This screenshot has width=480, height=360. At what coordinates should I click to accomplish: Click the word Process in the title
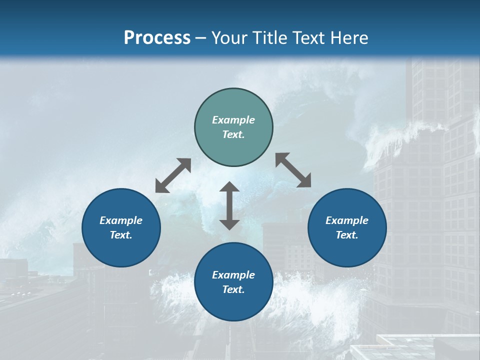(157, 38)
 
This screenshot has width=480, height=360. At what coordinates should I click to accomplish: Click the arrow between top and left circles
(173, 175)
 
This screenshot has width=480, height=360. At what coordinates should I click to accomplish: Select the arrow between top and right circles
(293, 170)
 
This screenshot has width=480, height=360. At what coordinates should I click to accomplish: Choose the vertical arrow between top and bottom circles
(229, 205)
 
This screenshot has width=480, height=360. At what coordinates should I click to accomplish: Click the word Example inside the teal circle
(233, 120)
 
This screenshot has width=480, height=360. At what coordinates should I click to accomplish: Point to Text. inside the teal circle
(233, 134)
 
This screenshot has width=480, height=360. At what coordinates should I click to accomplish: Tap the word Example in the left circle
(121, 220)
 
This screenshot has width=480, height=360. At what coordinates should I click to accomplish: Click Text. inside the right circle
(347, 235)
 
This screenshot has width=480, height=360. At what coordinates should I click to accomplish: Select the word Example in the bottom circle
(233, 275)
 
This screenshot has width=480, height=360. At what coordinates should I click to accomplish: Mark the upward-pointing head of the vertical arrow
(229, 187)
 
